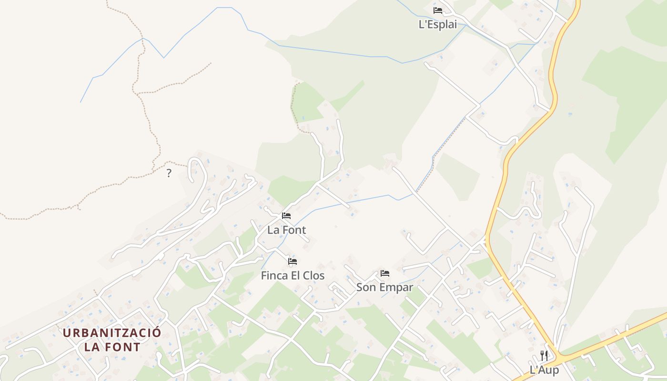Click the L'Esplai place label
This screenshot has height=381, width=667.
(437, 25)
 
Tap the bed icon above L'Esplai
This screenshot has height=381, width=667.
(438, 10)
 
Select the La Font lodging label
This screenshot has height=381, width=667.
(286, 230)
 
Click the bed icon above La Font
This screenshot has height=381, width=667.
(286, 216)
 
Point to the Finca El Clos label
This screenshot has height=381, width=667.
(293, 276)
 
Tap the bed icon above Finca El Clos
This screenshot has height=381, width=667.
(293, 261)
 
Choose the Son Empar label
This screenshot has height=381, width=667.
(384, 288)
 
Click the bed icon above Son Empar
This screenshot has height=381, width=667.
(385, 273)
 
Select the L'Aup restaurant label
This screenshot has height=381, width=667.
(544, 370)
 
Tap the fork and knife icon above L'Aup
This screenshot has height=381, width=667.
(544, 356)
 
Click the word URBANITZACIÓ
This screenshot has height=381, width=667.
(112, 333)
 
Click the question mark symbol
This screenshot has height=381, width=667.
(169, 173)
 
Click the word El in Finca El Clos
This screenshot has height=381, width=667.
(295, 276)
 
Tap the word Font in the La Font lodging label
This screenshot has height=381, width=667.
(293, 230)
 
